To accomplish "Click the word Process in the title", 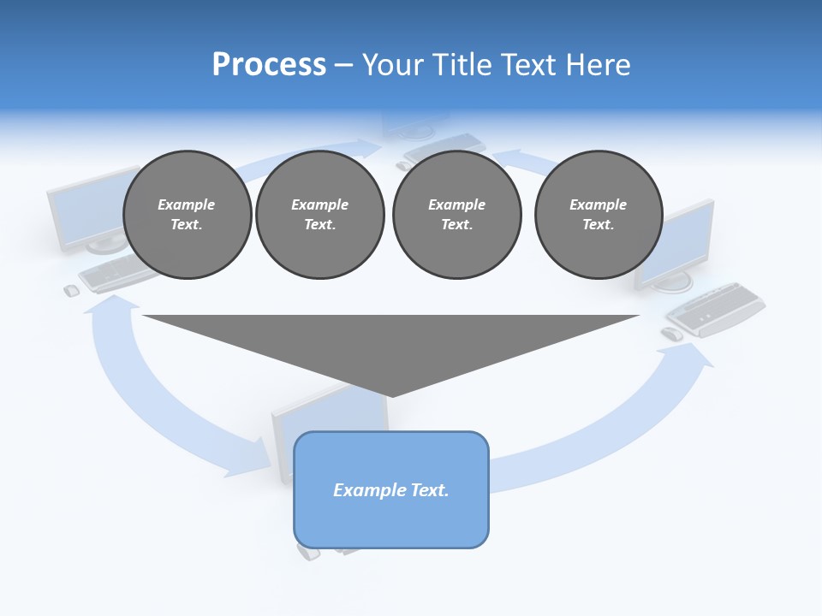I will tap(269, 65).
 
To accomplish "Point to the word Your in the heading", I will tap(395, 65).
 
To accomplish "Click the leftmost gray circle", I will tap(187, 215).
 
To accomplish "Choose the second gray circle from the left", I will tap(320, 215).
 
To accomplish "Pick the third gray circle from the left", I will tap(456, 215).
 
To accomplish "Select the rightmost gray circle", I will tap(599, 215).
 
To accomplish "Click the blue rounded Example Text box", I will tap(391, 489).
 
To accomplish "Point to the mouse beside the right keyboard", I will tap(672, 334).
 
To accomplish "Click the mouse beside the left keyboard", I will tap(72, 291).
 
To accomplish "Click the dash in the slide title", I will tap(343, 65).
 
